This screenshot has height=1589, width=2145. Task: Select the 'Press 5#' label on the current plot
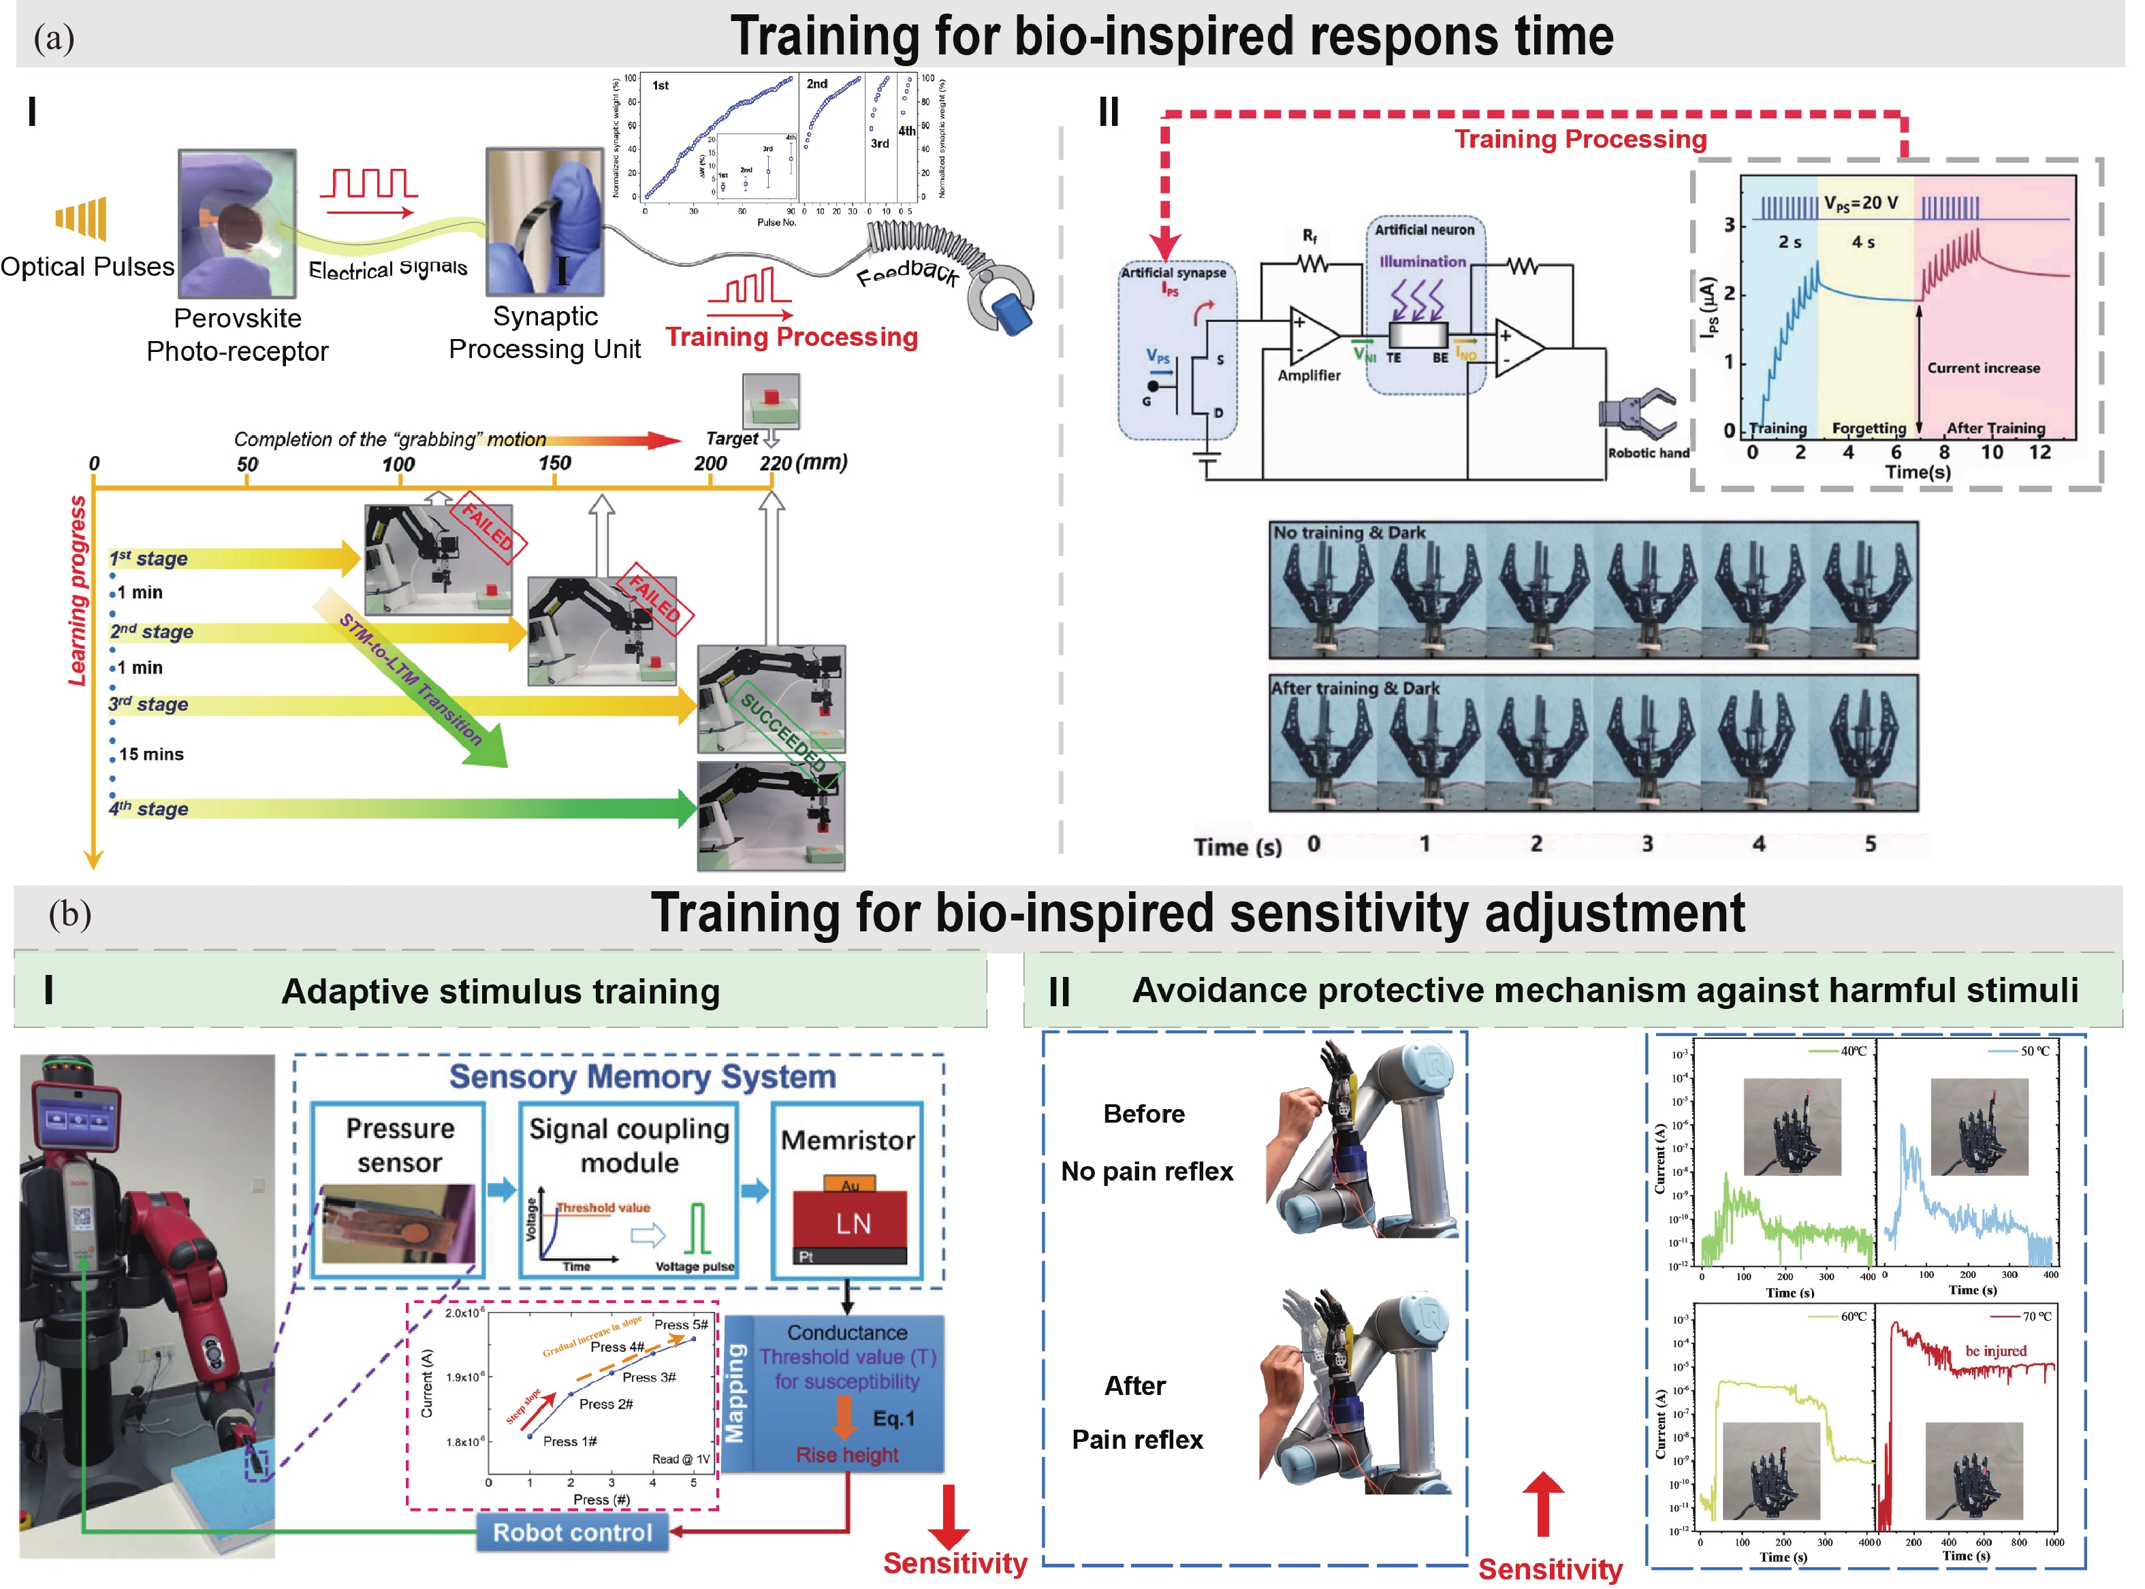click(680, 1324)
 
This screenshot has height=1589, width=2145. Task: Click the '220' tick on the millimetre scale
click(776, 464)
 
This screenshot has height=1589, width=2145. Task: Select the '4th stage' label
click(148, 809)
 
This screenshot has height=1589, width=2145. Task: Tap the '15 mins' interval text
click(151, 754)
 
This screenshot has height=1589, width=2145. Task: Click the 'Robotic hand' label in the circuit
click(1648, 453)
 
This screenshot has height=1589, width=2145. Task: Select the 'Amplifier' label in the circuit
click(1308, 375)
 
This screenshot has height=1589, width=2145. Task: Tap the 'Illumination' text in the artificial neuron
click(1423, 261)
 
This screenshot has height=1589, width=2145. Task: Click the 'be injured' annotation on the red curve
click(1995, 1351)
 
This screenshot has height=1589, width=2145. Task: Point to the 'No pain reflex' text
click(1147, 1172)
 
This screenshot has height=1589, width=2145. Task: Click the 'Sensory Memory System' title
click(643, 1076)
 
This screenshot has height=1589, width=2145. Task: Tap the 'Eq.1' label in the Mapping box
click(893, 1419)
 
